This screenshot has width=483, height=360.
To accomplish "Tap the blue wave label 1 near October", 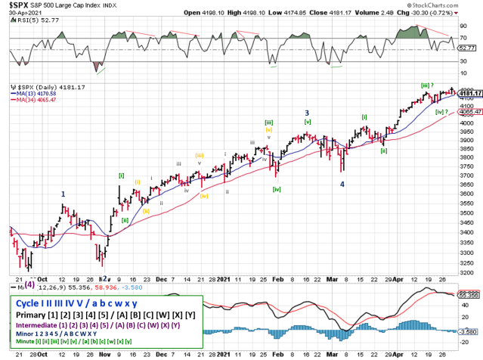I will [63, 194].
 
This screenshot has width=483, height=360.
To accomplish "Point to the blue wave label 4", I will [342, 184].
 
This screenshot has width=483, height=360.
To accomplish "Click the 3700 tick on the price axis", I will [462, 176].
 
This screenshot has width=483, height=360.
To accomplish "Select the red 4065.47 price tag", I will [469, 110].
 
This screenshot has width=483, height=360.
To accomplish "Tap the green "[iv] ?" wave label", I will [444, 110].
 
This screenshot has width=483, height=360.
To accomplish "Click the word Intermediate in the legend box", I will [39, 326].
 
